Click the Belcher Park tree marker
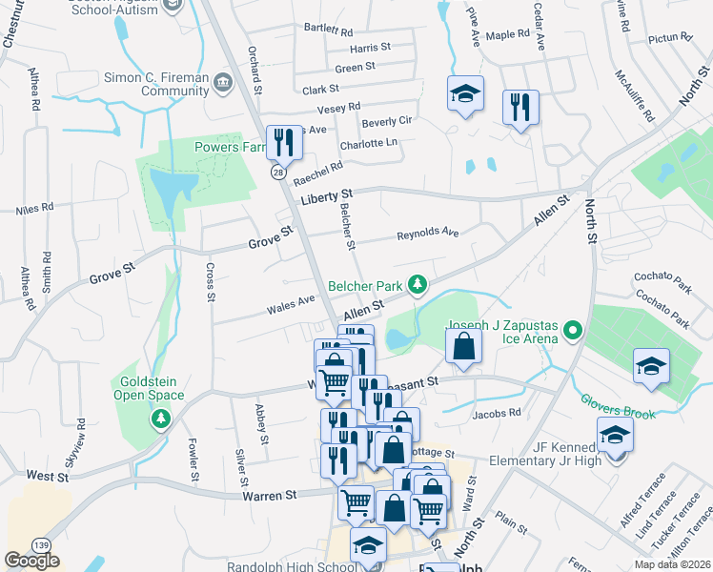tap(417, 284)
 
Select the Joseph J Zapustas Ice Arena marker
tap(572, 331)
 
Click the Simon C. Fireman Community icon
tap(223, 82)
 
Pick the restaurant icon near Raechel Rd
tap(284, 142)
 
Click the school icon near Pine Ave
tap(465, 93)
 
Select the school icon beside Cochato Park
tap(651, 366)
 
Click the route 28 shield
tap(277, 173)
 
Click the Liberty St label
tap(327, 196)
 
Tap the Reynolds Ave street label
tap(428, 233)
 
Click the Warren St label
tap(270, 495)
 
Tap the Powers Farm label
tap(227, 148)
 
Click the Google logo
tap(31, 561)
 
